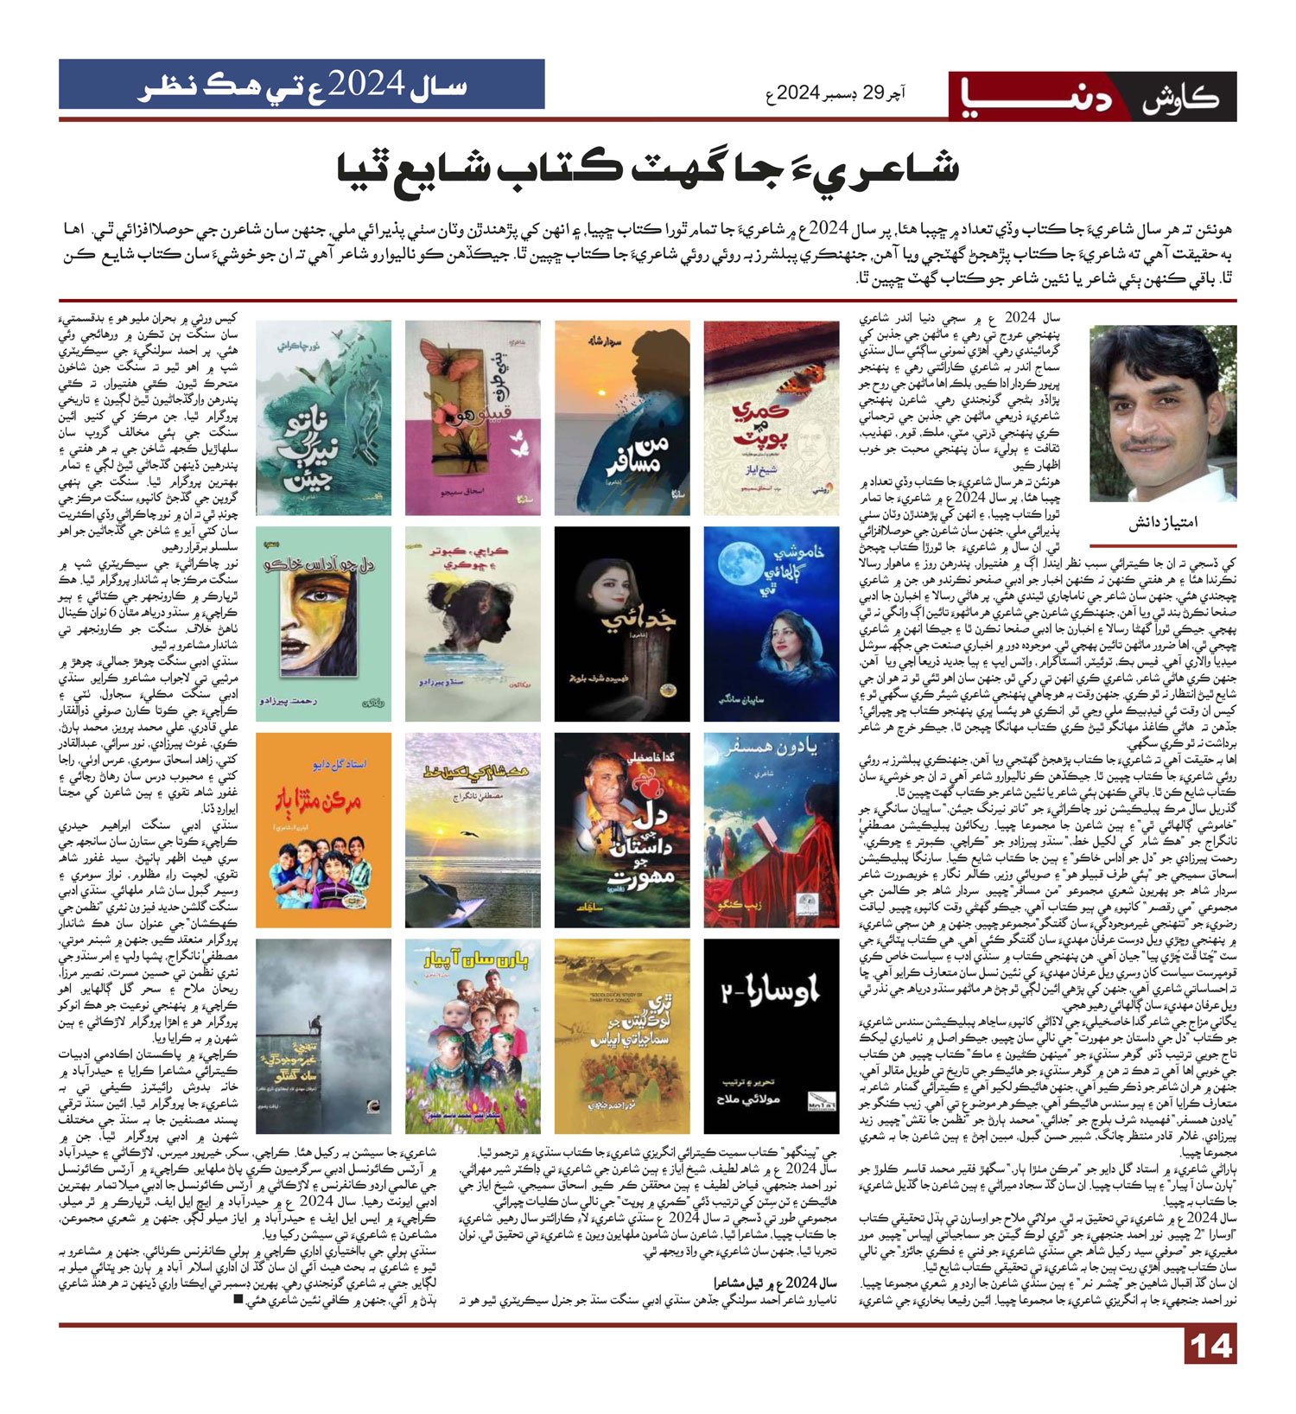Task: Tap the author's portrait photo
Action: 1162,413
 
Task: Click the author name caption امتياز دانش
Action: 1163,523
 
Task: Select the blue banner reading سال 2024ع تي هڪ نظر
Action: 302,84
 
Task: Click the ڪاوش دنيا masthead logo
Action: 1093,97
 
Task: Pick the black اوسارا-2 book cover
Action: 771,1035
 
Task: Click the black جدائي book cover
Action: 622,623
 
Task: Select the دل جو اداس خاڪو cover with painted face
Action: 323,623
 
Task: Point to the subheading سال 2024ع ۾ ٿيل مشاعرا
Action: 778,1282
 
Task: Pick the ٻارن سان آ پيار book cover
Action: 473,1035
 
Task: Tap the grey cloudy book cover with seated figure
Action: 323,1035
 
